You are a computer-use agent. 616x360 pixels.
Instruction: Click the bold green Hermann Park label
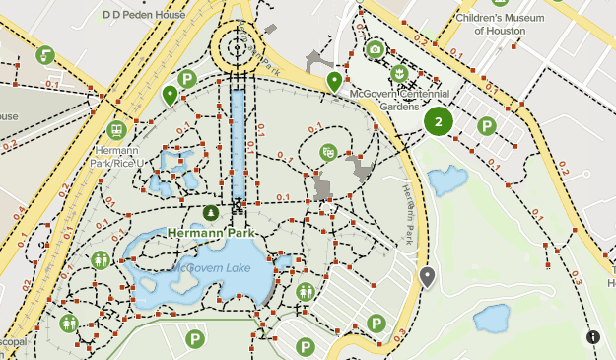tap(211, 233)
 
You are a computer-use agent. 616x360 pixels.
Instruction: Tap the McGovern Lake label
tap(211, 267)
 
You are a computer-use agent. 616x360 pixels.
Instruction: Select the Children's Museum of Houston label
tap(507, 24)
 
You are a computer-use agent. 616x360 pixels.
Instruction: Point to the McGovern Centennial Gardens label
tap(400, 100)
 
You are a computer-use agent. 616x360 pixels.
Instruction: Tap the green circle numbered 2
tap(438, 122)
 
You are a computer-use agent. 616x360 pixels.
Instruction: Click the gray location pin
tap(427, 277)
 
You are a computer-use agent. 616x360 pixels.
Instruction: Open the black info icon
tap(593, 337)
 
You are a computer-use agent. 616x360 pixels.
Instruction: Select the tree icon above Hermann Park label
tap(211, 213)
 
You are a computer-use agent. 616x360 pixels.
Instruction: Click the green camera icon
tap(375, 49)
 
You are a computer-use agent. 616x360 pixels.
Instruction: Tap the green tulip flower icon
tap(399, 74)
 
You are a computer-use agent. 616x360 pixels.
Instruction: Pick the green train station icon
tap(117, 129)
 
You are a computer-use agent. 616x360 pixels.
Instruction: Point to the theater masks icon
tap(328, 151)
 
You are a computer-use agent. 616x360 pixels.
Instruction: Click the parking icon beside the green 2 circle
tap(486, 126)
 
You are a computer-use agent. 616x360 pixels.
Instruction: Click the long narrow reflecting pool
tap(238, 143)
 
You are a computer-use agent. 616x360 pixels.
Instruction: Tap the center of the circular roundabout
tap(238, 45)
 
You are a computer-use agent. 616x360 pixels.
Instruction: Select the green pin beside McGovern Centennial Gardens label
tap(335, 81)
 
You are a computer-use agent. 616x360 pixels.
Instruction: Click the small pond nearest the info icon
tap(491, 319)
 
